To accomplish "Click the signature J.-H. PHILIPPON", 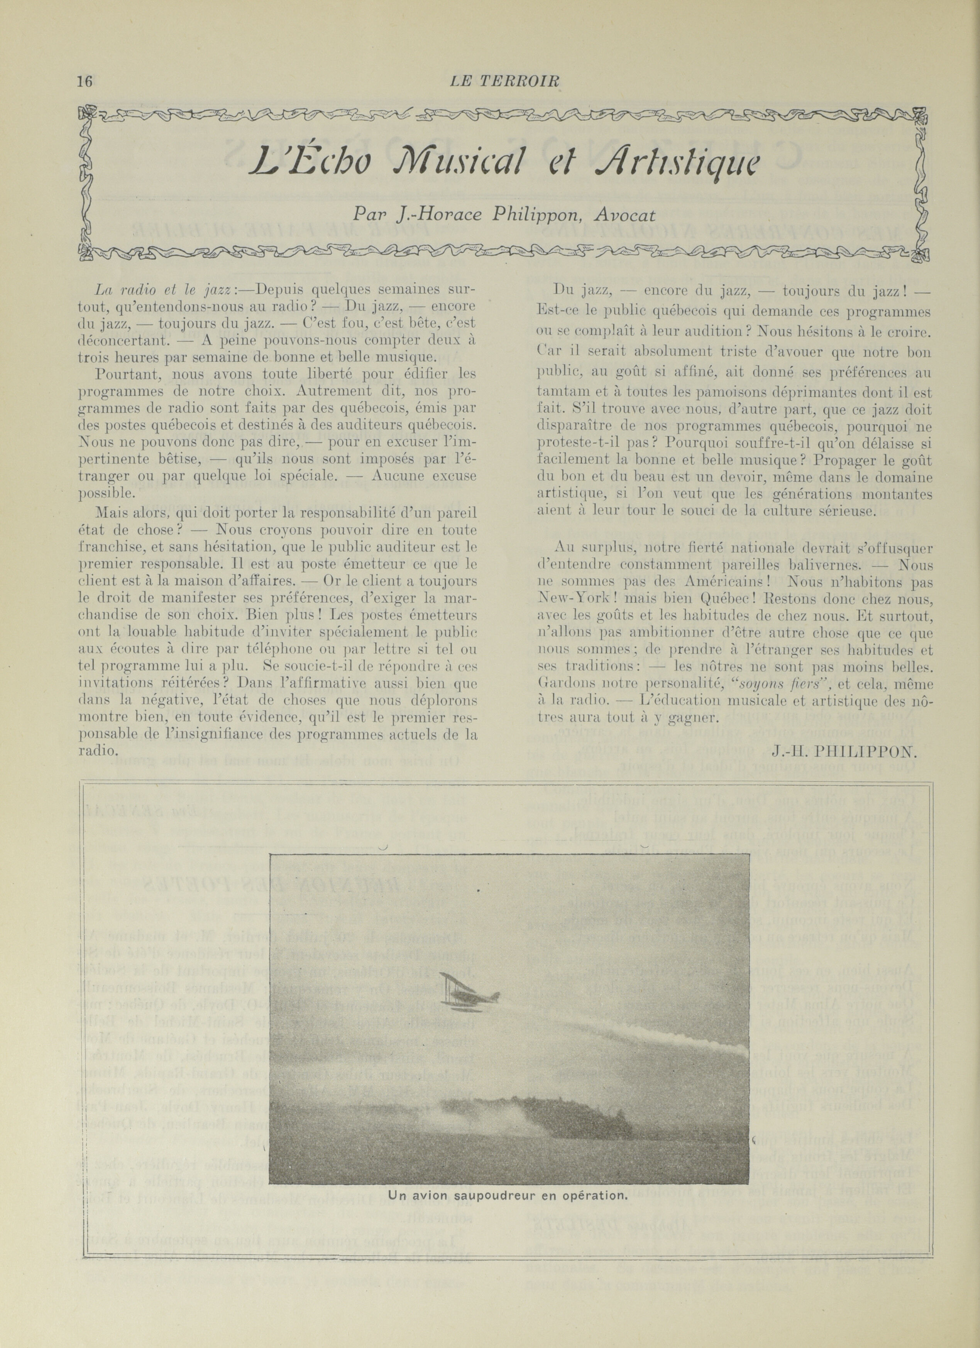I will [x=845, y=750].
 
